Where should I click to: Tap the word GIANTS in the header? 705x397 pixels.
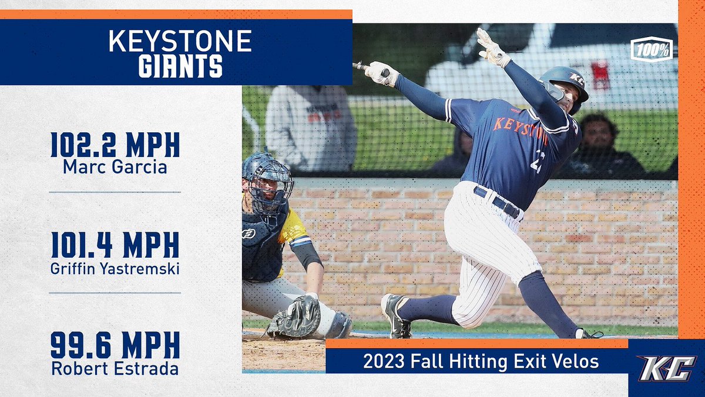click(x=180, y=67)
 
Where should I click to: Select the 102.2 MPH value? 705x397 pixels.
click(x=115, y=145)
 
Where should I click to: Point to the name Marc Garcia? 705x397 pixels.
click(x=115, y=167)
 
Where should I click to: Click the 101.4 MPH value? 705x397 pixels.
click(x=115, y=245)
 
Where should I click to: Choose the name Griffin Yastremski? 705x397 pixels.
click(x=115, y=268)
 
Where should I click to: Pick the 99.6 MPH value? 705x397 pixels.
click(x=115, y=346)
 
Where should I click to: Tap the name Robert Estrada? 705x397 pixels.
click(x=115, y=369)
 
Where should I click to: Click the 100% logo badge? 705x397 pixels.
click(x=652, y=49)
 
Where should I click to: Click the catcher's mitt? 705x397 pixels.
click(x=295, y=318)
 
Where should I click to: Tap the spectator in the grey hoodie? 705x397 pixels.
click(x=310, y=126)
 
